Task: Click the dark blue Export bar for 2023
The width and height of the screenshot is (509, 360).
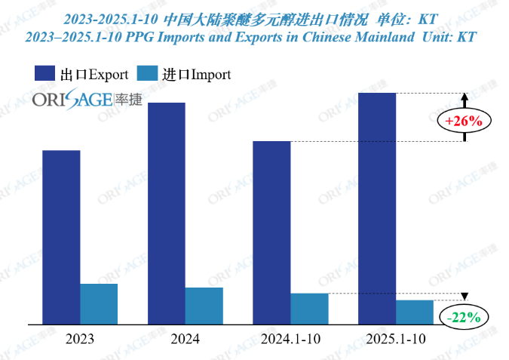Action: point(61,237)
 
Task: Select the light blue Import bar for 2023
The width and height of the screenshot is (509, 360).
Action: point(99,303)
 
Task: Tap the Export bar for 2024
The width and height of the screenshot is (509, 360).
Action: point(167,213)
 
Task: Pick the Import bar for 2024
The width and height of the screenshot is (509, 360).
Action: point(204,306)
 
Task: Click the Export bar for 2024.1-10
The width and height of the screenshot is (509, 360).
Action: point(271,232)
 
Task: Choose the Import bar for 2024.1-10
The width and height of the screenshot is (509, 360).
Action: point(309,308)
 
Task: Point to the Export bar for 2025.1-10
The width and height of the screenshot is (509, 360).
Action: point(377,208)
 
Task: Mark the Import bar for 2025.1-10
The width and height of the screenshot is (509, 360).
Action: point(415,312)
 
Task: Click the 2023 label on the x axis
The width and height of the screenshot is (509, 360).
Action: point(80,340)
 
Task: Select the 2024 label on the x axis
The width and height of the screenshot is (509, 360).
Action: point(186,340)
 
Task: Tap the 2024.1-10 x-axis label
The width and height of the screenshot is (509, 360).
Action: point(290,340)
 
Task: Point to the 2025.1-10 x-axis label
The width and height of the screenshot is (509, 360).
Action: point(396,340)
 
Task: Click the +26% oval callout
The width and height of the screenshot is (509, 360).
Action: point(464,121)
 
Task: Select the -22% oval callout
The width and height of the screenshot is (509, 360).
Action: point(464,318)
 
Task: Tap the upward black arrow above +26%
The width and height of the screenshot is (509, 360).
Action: point(465,100)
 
